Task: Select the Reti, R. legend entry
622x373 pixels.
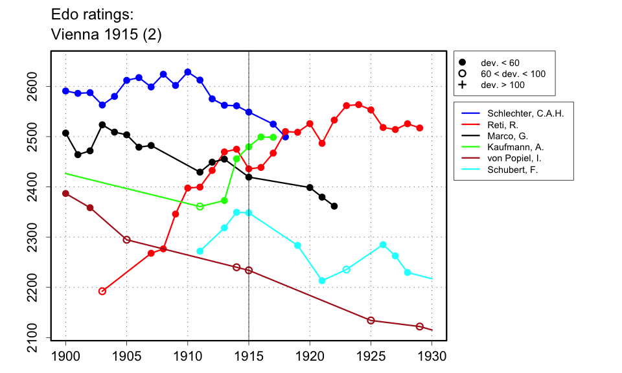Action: (x=511, y=125)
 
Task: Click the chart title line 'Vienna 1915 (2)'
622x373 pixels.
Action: (x=106, y=36)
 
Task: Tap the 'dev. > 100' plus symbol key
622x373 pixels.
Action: (x=462, y=85)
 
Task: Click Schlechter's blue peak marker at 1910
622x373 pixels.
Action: (x=188, y=72)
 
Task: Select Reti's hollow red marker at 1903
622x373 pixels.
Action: (x=102, y=291)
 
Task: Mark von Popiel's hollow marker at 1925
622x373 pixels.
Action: (x=371, y=321)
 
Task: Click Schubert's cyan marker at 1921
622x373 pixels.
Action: (x=322, y=280)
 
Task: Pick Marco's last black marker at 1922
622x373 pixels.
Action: (x=334, y=206)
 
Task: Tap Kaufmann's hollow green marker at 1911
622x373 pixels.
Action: (x=200, y=207)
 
